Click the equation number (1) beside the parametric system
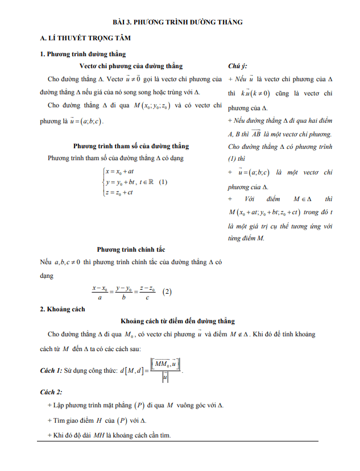(163, 182)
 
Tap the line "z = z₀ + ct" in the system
(119, 193)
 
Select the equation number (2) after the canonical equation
(167, 292)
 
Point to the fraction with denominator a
(100, 292)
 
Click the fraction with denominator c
(147, 292)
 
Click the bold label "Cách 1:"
(53, 370)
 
